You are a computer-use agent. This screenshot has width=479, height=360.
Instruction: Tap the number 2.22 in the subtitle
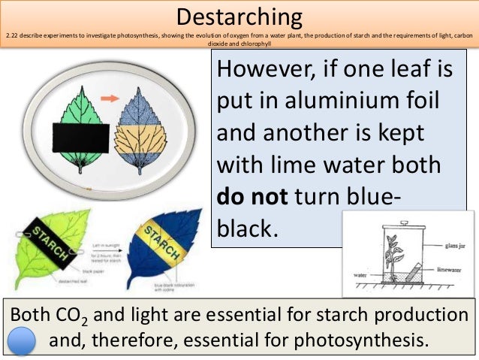pyautogui.click(x=10, y=35)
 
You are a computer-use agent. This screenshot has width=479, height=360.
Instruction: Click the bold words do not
pyautogui.click(x=252, y=197)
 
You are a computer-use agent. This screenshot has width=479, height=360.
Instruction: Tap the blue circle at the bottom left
pyautogui.click(x=20, y=340)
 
